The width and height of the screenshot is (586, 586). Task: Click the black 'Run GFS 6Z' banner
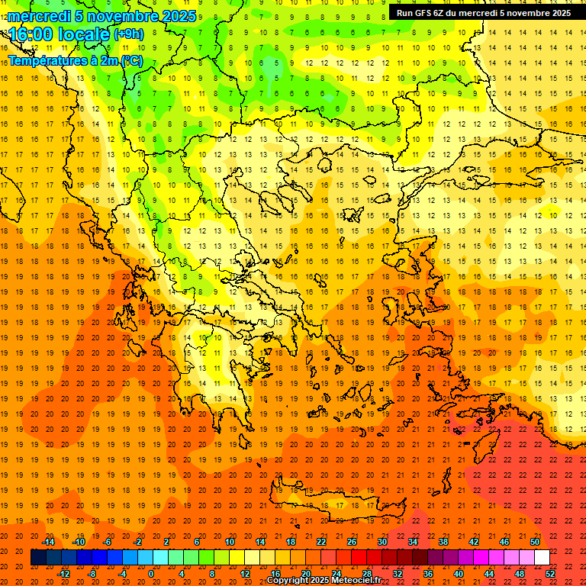click(483, 13)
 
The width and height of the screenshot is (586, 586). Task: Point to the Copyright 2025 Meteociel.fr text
click(324, 581)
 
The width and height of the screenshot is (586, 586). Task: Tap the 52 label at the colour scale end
click(550, 573)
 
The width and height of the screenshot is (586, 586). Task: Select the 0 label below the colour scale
click(150, 573)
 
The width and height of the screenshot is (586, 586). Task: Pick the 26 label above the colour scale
click(352, 542)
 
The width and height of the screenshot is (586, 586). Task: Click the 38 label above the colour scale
click(443, 542)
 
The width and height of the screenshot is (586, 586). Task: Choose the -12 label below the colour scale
click(63, 573)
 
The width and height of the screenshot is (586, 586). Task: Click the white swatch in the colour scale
click(542, 558)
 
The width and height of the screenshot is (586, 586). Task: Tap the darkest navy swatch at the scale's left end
click(38, 558)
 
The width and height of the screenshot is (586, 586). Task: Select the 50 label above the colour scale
click(535, 542)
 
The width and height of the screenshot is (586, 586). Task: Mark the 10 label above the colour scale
click(230, 542)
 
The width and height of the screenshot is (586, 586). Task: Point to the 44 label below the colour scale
click(489, 573)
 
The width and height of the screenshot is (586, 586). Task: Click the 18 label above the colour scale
click(291, 542)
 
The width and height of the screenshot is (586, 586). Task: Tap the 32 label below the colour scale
click(398, 573)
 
